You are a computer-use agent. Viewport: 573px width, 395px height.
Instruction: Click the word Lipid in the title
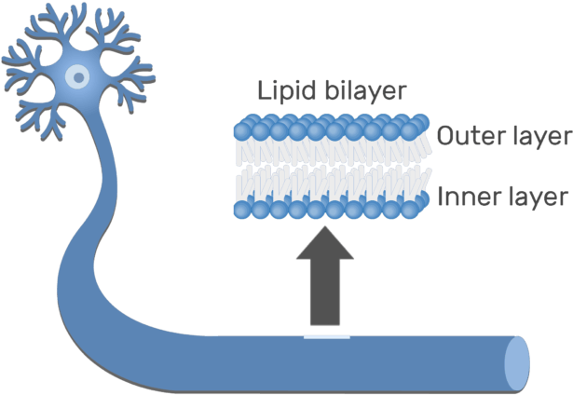(x=280, y=91)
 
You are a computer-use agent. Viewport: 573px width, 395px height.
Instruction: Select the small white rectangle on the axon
(x=326, y=334)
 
